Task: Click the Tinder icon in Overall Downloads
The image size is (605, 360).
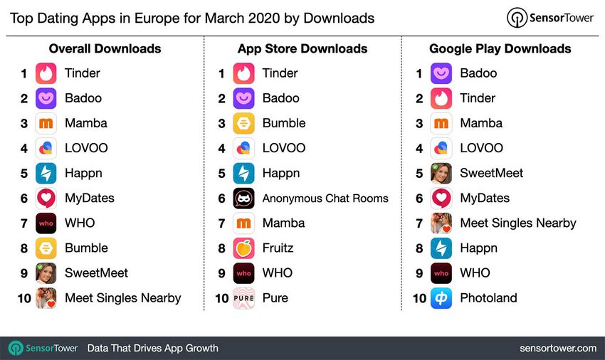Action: click(46, 73)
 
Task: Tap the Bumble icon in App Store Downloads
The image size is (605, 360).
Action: click(243, 123)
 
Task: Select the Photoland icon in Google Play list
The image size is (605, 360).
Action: click(441, 298)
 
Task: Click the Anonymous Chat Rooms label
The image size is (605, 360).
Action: click(325, 198)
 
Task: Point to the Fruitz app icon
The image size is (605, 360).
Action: click(243, 248)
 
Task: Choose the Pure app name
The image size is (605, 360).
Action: click(275, 298)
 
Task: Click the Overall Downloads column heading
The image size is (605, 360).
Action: click(105, 49)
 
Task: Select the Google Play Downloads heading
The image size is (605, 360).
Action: click(500, 49)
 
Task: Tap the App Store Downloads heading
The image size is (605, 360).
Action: click(302, 49)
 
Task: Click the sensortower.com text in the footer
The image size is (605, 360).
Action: click(558, 349)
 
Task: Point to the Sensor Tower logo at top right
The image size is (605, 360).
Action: click(549, 18)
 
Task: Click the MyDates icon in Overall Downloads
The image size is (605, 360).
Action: click(46, 198)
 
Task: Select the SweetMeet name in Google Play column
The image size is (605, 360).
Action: click(491, 174)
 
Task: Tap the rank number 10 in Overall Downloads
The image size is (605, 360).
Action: click(24, 298)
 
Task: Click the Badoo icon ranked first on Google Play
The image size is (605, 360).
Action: click(441, 73)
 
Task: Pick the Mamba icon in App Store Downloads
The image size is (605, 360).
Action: click(243, 223)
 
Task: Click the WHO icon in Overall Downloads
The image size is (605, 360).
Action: click(46, 223)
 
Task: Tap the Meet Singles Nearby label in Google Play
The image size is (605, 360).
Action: click(517, 223)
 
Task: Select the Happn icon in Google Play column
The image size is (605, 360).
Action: click(441, 248)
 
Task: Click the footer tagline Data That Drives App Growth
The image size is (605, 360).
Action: click(152, 349)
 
